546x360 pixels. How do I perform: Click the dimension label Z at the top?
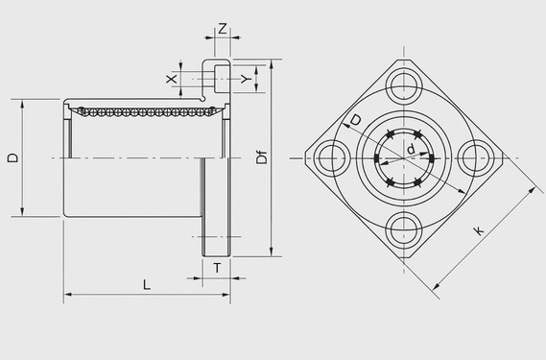coord(223,28)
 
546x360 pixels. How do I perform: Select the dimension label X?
coord(172,79)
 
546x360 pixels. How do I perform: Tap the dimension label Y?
coord(247,79)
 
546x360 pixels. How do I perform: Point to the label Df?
coord(262,157)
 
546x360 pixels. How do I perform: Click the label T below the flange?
coord(217,268)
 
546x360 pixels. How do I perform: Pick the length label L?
coord(147,284)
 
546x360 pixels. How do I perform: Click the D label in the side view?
coord(12,157)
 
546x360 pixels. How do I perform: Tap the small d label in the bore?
coord(412,149)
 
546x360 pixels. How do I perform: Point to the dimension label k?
coord(479,230)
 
